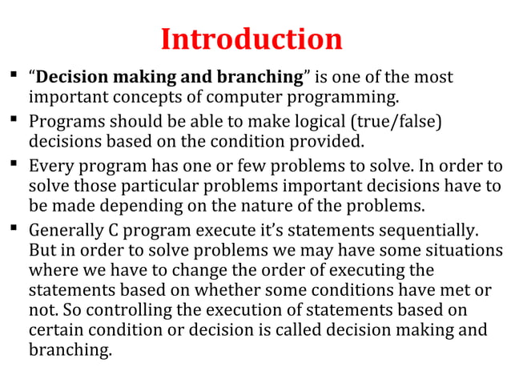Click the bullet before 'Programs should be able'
(x=15, y=123)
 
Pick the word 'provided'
(x=324, y=143)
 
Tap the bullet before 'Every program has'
(x=15, y=167)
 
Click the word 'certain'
(x=57, y=329)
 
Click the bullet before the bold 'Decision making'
(x=15, y=78)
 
